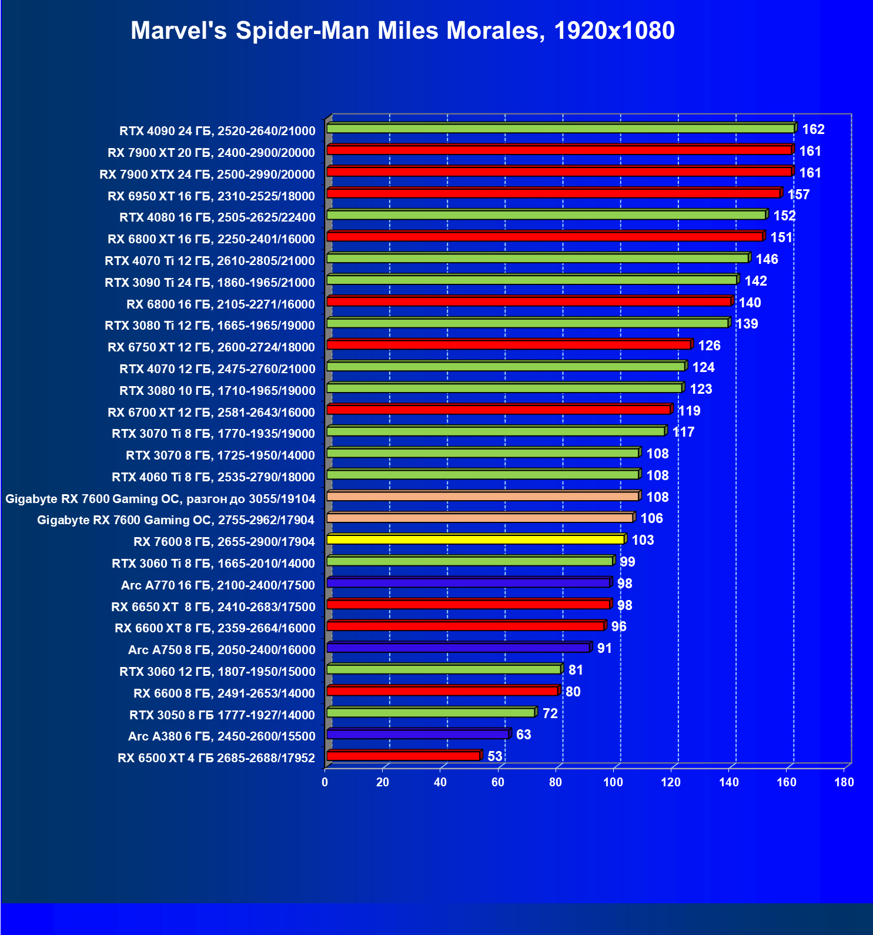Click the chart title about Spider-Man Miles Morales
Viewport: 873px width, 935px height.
click(403, 31)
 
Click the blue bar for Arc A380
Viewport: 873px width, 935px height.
click(417, 734)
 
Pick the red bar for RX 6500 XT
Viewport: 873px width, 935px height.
click(403, 756)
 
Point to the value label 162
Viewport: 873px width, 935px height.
click(814, 129)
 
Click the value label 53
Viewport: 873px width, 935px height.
click(495, 756)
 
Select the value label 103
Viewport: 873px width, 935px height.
click(643, 540)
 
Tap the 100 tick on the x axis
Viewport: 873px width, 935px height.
click(613, 782)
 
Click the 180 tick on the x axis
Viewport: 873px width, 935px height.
click(844, 782)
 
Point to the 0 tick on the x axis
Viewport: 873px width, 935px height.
click(325, 782)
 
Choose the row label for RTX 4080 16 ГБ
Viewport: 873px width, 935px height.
click(217, 217)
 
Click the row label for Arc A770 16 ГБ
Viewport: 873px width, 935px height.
click(218, 585)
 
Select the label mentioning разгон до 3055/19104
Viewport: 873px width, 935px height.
click(160, 499)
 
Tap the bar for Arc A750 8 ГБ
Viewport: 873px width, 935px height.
click(458, 648)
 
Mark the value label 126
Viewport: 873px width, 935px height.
click(709, 346)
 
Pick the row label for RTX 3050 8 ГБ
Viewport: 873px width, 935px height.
click(222, 715)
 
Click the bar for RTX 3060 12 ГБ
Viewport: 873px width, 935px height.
click(444, 669)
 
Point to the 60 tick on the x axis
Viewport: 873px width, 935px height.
click(498, 782)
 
